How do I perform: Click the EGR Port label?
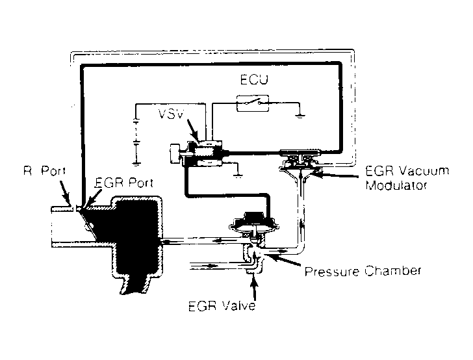[123, 183]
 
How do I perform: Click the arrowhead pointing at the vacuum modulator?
[318, 172]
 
